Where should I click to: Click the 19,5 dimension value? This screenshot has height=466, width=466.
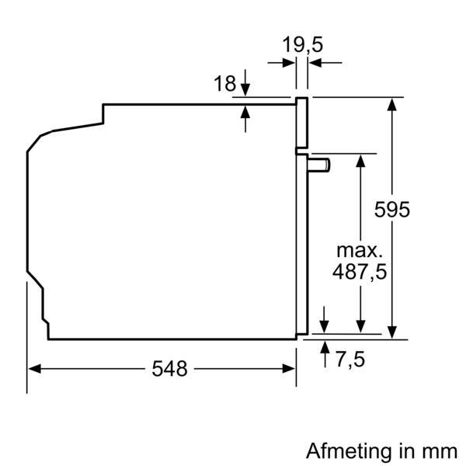pos(302,45)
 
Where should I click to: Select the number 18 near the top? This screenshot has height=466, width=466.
pos(224,84)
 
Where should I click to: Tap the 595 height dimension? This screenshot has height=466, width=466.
pos(391,210)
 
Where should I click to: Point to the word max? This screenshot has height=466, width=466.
pos(360,250)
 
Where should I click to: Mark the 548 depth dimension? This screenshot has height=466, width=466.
pos(170,369)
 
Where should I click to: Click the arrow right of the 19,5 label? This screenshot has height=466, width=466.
pos(315,62)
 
